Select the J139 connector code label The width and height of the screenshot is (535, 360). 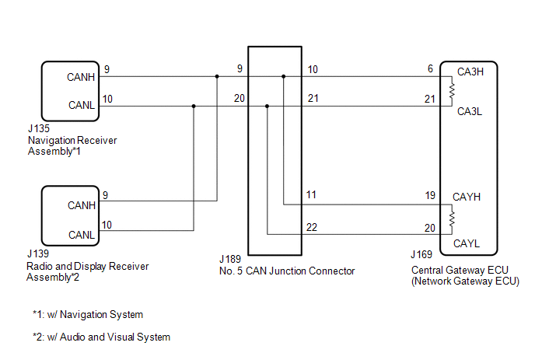point(37,255)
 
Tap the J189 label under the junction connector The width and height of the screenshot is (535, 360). point(231,260)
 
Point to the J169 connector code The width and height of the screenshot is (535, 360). point(422,255)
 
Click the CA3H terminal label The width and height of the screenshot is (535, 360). point(470,72)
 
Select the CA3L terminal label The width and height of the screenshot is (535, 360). point(470,111)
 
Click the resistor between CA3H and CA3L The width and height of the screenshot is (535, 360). point(452,91)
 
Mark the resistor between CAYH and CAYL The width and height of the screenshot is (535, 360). point(452,219)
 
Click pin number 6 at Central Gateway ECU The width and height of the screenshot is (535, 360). point(429,69)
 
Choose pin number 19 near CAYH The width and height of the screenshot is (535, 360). point(429,197)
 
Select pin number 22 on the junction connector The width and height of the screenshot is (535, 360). point(312,227)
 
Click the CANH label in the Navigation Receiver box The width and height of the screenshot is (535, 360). point(81,77)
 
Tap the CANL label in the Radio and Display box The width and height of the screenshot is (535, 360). point(81,235)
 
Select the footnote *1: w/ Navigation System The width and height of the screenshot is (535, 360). point(88,315)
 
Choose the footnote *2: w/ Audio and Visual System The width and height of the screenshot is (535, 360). point(101,337)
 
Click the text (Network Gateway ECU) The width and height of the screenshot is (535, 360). point(465,281)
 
